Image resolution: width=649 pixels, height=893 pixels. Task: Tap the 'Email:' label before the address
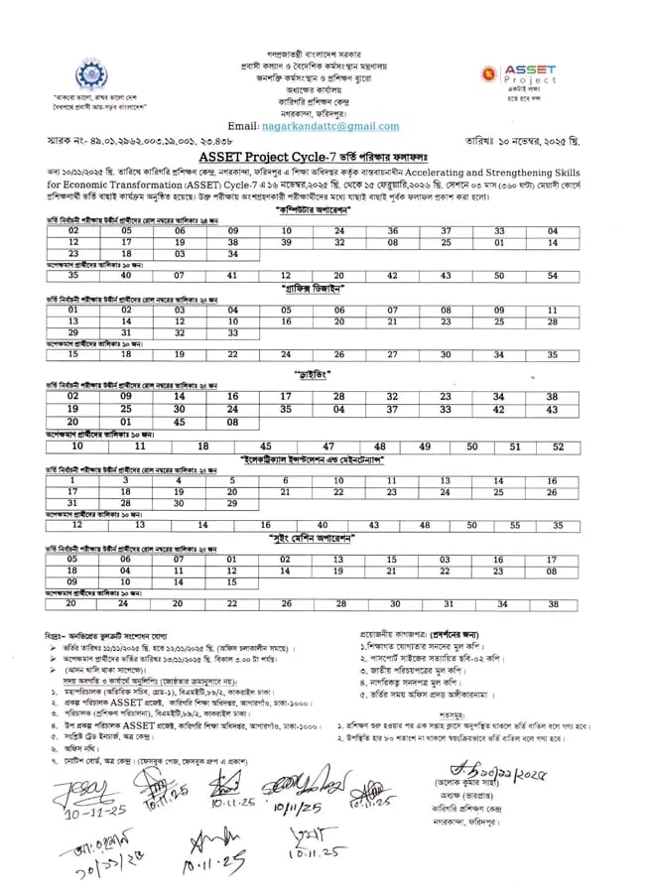pos(242,126)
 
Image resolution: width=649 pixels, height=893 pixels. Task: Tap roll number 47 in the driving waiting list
pos(328,446)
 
